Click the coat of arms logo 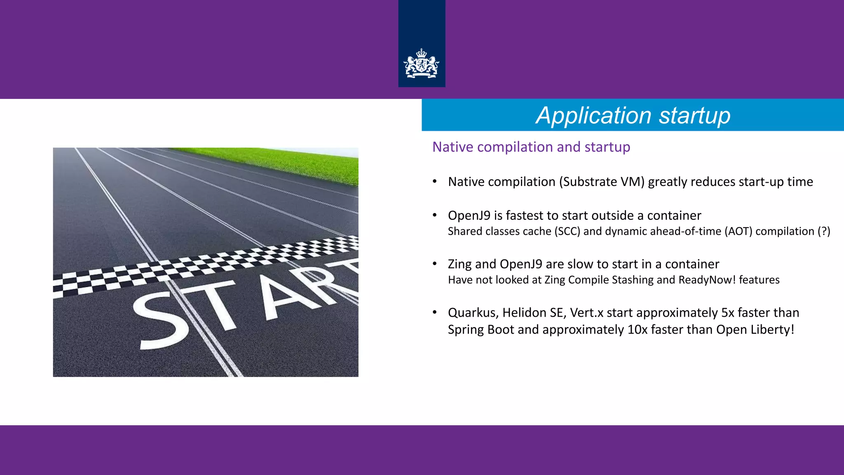pos(421,63)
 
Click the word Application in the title pos(593,115)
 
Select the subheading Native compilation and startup pos(531,147)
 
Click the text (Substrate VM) pos(601,182)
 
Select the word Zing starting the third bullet pos(460,264)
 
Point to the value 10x pos(638,330)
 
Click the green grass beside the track pos(288,163)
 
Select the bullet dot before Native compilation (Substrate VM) pos(434,181)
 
